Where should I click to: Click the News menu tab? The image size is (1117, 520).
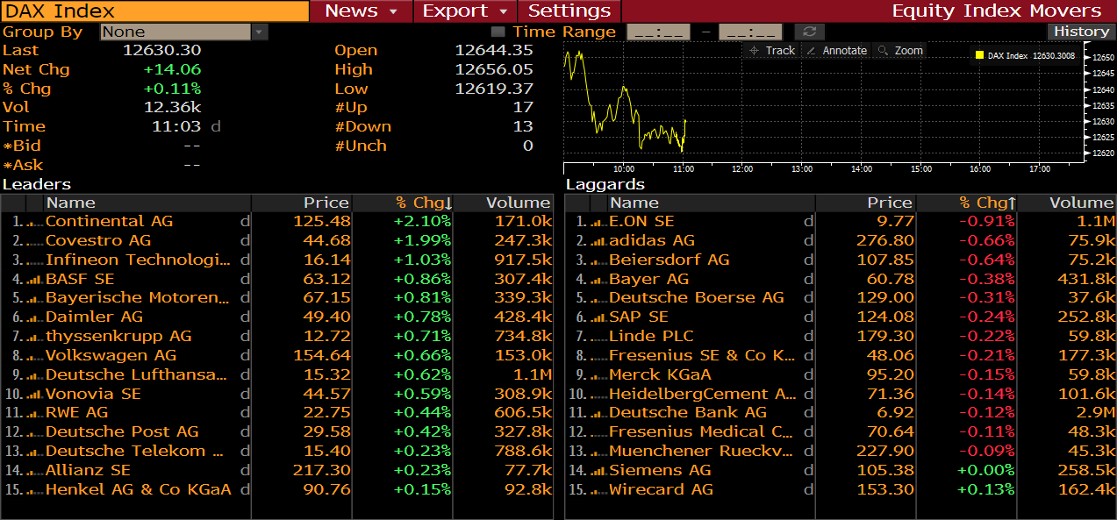click(x=360, y=11)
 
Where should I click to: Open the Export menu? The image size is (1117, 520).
click(x=464, y=11)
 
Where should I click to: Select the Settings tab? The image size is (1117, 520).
click(x=569, y=11)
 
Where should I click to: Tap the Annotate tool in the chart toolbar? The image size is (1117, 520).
click(x=837, y=51)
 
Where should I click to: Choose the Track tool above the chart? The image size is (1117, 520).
click(x=772, y=51)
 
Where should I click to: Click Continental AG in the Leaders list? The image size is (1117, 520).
click(x=109, y=221)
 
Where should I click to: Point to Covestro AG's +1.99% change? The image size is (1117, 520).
click(x=422, y=240)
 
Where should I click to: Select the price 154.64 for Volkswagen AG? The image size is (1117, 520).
click(x=321, y=355)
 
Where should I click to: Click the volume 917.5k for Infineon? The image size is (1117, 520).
click(x=522, y=260)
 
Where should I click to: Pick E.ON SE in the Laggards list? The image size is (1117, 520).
click(x=641, y=221)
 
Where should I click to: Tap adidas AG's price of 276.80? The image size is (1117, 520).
click(x=884, y=240)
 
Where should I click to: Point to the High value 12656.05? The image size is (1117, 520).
click(x=494, y=69)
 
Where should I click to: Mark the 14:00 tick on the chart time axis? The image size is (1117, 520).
click(x=861, y=168)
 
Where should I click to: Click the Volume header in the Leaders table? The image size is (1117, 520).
click(x=518, y=203)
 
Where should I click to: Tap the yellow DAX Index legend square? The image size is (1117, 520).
click(x=979, y=55)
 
